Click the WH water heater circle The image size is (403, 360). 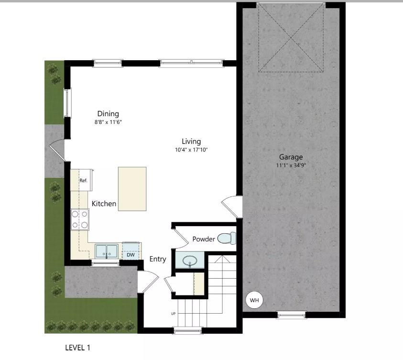click(254, 300)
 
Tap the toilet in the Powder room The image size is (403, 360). click(227, 238)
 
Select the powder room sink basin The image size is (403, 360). click(190, 261)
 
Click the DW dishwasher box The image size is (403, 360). click(131, 254)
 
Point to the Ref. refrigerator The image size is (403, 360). click(83, 180)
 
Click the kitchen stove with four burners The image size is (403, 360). click(79, 219)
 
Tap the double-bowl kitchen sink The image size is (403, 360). click(106, 251)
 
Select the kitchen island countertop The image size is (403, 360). click(132, 189)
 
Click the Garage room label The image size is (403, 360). click(291, 157)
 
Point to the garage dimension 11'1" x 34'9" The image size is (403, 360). click(291, 165)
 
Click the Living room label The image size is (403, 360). click(191, 142)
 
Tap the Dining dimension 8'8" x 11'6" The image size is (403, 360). click(108, 122)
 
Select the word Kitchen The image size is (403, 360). click(104, 204)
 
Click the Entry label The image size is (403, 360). click(158, 259)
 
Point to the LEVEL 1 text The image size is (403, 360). click(77, 348)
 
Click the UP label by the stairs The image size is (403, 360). click(173, 314)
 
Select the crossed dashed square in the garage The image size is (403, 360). click(291, 39)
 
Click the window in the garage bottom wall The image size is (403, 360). click(291, 315)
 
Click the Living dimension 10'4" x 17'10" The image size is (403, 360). click(191, 150)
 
